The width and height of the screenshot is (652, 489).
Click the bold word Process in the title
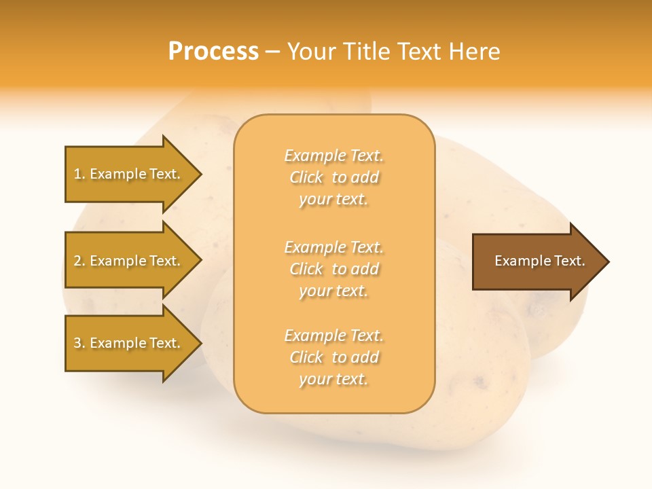[x=213, y=51]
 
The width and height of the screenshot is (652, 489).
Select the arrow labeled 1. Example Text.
[x=129, y=174]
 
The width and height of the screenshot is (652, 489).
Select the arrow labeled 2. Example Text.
[x=129, y=261]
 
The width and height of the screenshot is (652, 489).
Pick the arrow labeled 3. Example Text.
[x=129, y=343]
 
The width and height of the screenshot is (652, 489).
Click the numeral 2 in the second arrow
[x=77, y=261]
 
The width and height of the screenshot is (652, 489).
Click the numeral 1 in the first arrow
[x=77, y=174]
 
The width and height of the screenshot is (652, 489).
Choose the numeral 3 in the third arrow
[x=77, y=343]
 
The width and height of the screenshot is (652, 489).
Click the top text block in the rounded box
[x=333, y=177]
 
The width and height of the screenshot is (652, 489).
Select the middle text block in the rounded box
[x=333, y=269]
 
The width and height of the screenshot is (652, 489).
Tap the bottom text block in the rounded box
[x=333, y=357]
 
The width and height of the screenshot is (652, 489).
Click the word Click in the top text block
[x=306, y=177]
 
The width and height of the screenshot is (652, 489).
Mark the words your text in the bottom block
[x=333, y=379]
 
